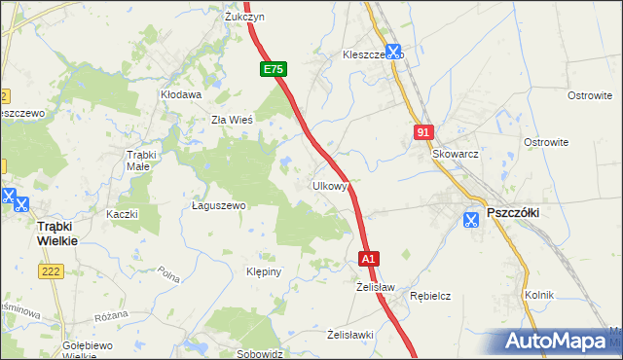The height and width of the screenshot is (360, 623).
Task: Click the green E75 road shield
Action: tap(274, 70)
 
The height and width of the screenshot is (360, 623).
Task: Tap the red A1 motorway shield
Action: tap(368, 260)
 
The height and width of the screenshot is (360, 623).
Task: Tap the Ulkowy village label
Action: tap(330, 186)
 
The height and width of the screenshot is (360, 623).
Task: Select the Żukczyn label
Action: tap(245, 17)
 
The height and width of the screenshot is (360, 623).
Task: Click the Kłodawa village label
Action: tap(181, 95)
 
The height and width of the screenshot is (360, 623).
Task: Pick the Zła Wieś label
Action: tap(233, 121)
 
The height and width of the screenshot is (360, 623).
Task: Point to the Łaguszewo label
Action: tap(218, 206)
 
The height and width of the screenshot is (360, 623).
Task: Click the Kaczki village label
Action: tap(123, 214)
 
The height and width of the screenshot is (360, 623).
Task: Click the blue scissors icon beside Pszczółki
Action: tap(471, 219)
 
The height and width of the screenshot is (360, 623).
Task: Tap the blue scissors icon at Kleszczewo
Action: tap(393, 53)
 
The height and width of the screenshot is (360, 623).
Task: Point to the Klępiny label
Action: tap(264, 271)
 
